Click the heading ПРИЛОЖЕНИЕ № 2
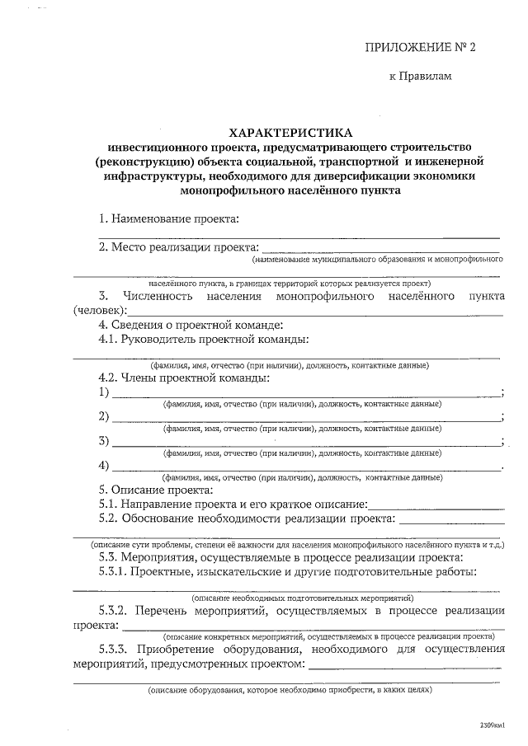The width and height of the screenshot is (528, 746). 421,47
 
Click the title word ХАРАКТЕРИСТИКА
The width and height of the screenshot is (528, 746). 290,132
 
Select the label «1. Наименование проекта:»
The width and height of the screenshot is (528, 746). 168,218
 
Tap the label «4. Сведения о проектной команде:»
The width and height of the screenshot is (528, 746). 191,324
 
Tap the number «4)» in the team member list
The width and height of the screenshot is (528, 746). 104,465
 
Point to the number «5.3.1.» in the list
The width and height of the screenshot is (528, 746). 114,571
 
